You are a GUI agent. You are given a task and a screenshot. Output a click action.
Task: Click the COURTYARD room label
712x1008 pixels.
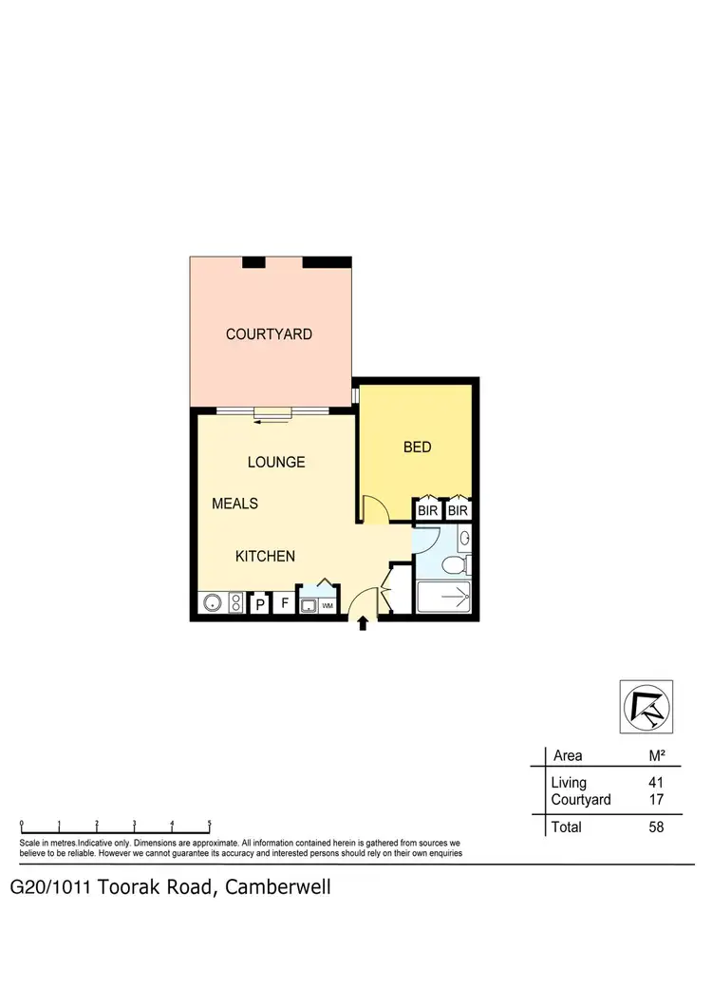coord(269,334)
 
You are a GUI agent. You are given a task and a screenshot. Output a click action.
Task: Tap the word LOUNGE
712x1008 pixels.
coord(276,462)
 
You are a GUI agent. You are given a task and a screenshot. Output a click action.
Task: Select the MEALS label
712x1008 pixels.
coord(234,504)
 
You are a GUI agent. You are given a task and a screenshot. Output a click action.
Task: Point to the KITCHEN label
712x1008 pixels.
coord(265,557)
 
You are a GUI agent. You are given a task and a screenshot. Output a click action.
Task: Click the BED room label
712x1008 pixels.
coord(418,447)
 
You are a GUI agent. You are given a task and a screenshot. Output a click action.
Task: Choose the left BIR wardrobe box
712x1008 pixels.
coord(427,511)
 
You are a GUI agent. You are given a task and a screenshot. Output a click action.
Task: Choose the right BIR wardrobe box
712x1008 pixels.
coord(459,511)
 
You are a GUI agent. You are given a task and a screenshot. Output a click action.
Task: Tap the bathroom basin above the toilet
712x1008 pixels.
coord(464,540)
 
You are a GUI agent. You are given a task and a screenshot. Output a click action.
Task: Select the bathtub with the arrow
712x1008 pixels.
coord(444,598)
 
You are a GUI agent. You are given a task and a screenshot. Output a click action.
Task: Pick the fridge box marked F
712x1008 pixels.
coord(284,603)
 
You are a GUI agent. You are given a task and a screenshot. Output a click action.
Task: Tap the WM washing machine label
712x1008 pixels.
coord(328,605)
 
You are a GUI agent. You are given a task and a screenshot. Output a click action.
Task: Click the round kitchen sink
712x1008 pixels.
coord(211,603)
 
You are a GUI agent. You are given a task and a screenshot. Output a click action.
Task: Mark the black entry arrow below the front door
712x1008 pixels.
coord(363,623)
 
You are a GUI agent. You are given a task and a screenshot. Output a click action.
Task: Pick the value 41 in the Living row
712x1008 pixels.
coord(655,783)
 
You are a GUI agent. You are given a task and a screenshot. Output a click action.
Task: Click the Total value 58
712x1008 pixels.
coord(655,827)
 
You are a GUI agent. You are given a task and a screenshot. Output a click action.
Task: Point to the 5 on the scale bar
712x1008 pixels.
coord(209,825)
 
